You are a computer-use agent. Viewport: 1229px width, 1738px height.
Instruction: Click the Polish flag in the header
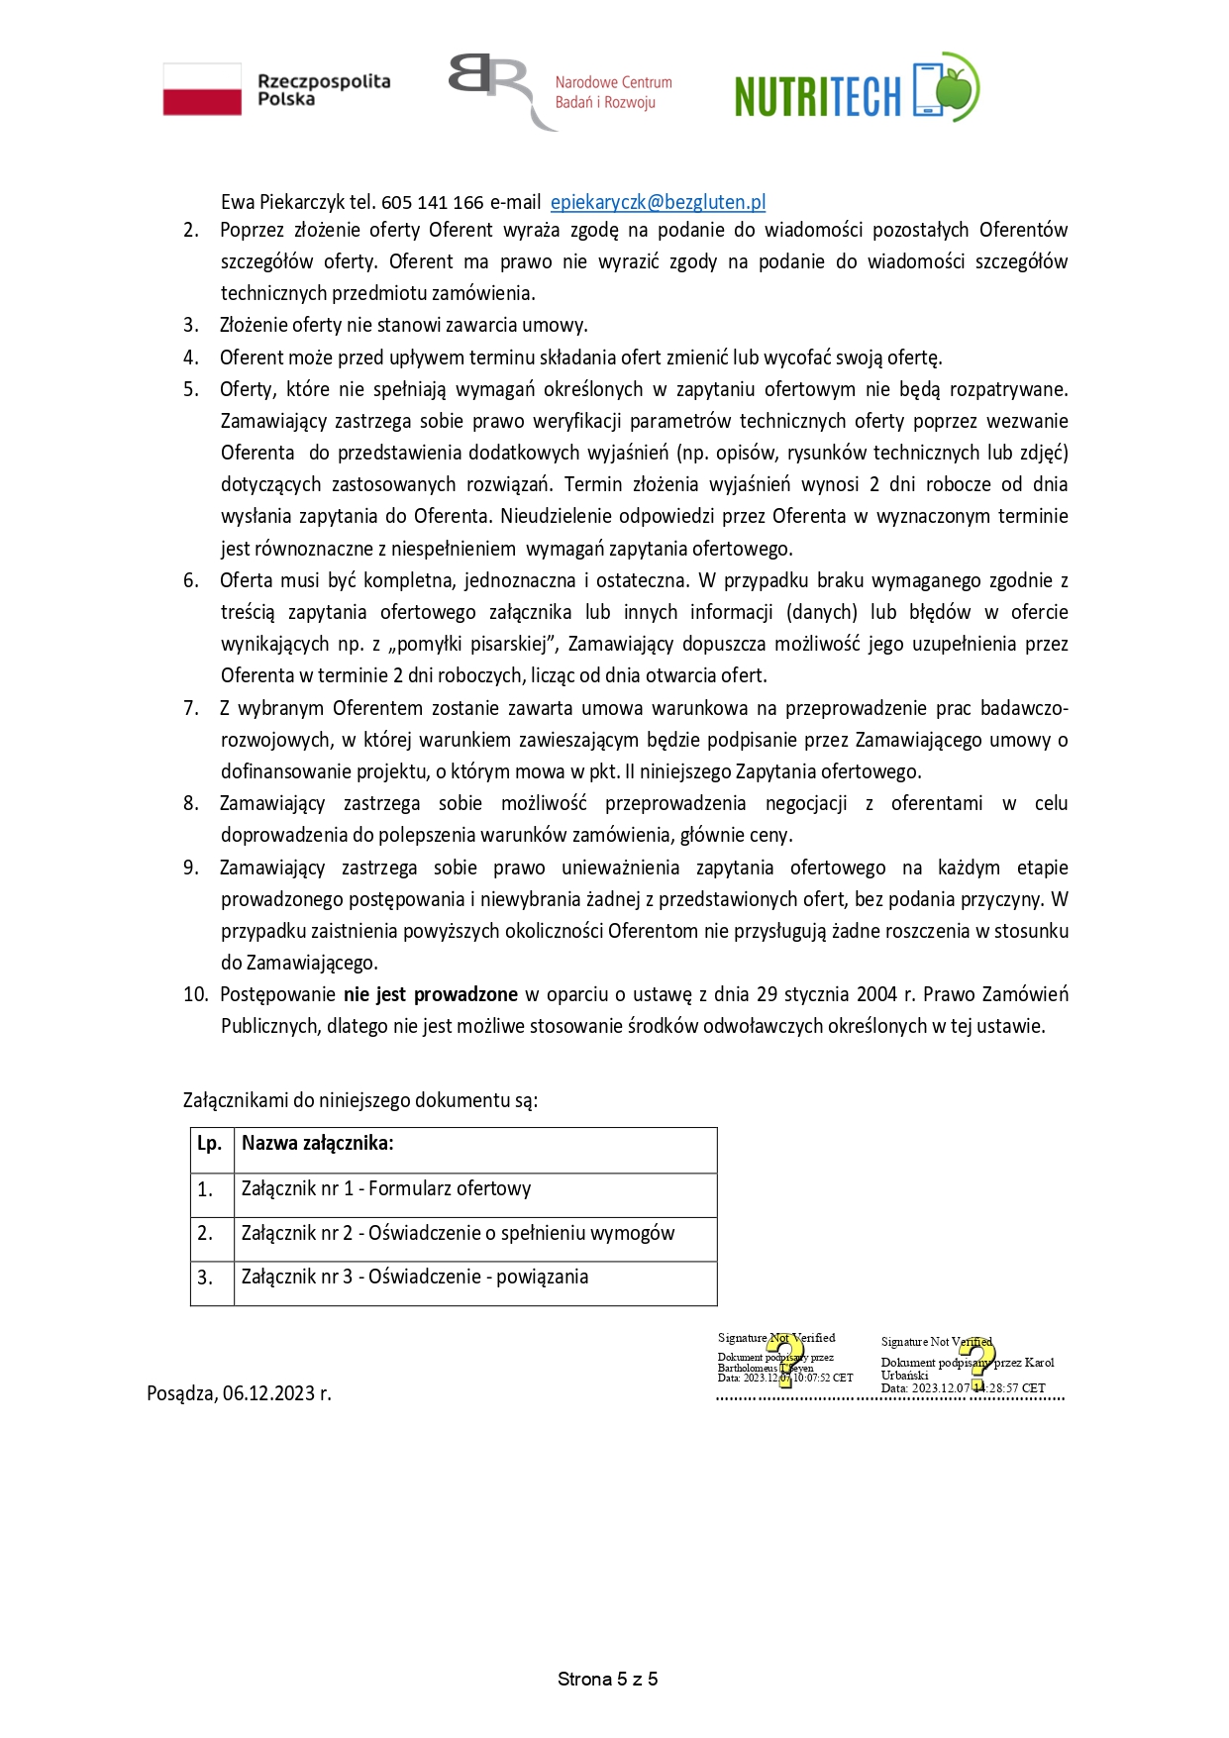pyautogui.click(x=202, y=89)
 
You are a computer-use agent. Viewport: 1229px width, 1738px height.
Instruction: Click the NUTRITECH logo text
pyautogui.click(x=818, y=96)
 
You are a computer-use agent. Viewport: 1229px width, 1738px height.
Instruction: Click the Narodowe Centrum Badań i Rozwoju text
pyautogui.click(x=613, y=92)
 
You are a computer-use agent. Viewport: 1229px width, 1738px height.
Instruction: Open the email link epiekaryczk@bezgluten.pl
pyautogui.click(x=658, y=202)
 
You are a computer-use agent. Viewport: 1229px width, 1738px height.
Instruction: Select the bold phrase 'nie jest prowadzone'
pyautogui.click(x=431, y=994)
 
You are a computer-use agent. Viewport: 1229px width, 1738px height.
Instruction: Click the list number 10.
pyautogui.click(x=195, y=994)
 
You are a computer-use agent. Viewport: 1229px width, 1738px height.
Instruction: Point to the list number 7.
pyautogui.click(x=191, y=708)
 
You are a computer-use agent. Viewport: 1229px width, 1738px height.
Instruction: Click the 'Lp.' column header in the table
pyautogui.click(x=209, y=1144)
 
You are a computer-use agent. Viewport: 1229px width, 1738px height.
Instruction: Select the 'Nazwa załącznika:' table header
pyautogui.click(x=318, y=1144)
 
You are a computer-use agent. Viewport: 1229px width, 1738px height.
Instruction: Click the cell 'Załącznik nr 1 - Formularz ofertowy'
pyautogui.click(x=386, y=1188)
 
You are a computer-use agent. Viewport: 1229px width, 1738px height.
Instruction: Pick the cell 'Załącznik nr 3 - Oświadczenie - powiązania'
pyautogui.click(x=415, y=1277)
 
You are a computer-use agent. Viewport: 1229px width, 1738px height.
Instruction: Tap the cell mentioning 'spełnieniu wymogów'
pyautogui.click(x=458, y=1233)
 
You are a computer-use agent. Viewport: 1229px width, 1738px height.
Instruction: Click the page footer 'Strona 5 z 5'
pyautogui.click(x=608, y=1679)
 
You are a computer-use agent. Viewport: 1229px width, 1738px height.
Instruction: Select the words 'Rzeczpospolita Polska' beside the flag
pyautogui.click(x=324, y=90)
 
